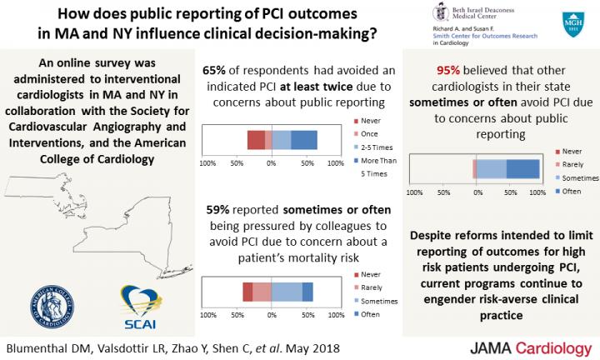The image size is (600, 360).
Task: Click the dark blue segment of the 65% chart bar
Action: [x=304, y=140]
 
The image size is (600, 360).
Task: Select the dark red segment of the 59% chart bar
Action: [x=247, y=291]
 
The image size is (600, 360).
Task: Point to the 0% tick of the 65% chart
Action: [x=271, y=163]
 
